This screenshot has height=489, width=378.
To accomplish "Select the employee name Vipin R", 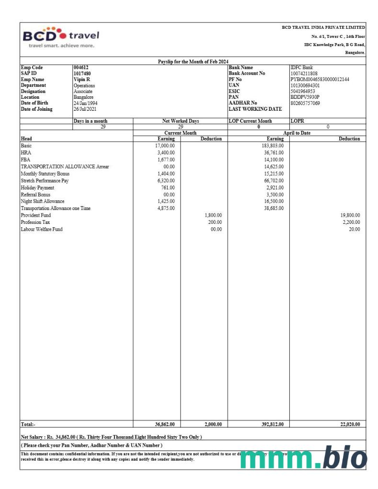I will click(x=82, y=79).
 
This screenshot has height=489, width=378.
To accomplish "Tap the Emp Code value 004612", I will click(x=80, y=68).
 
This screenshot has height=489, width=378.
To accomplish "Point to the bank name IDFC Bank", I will click(x=302, y=68).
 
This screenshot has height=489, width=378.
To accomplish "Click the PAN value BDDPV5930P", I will click(x=305, y=96).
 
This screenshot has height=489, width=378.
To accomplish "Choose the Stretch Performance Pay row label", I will click(x=48, y=180).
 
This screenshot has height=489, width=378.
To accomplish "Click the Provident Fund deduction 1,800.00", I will click(x=213, y=215).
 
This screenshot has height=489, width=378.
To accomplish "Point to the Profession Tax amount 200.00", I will click(x=215, y=222).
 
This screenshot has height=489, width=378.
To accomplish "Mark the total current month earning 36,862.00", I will click(x=163, y=424).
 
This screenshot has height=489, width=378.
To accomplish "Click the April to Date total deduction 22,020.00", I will click(x=349, y=424).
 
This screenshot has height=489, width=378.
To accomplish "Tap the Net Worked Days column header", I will click(x=181, y=121).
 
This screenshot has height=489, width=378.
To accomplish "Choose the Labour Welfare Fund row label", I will click(x=41, y=229).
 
